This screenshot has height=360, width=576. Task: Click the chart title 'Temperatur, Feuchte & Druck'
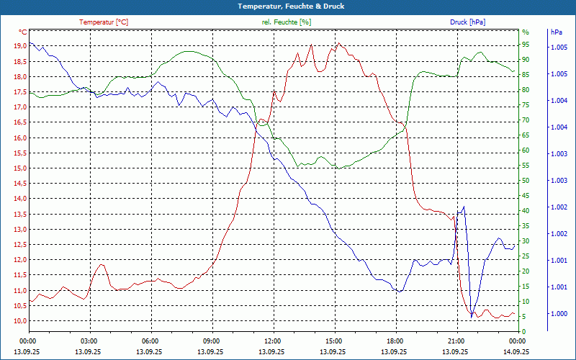click(x=288, y=6)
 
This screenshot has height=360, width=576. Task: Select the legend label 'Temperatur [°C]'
click(x=104, y=22)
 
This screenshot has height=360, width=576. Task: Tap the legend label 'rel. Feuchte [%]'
click(x=287, y=22)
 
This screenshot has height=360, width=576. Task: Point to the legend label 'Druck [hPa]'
click(x=467, y=22)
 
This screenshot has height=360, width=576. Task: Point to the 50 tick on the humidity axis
click(x=526, y=181)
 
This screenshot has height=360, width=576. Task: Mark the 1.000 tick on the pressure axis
click(x=559, y=314)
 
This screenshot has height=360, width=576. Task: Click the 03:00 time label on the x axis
click(x=89, y=341)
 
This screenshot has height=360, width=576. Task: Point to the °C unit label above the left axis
click(x=23, y=32)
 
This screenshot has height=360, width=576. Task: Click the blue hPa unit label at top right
click(x=556, y=32)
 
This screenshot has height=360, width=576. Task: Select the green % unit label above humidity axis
click(x=526, y=32)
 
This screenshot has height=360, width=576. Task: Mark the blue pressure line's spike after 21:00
click(x=463, y=207)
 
